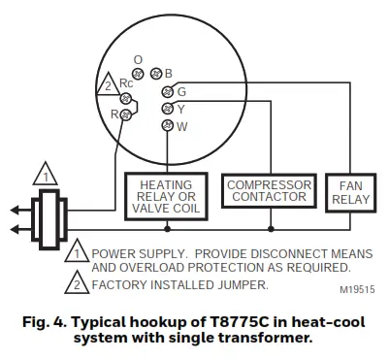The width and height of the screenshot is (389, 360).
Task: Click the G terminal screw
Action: [168, 91]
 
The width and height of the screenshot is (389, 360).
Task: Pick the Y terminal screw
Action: [168, 108]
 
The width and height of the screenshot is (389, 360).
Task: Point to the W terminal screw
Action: [168, 125]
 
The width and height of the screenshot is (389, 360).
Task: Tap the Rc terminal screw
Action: [125, 97]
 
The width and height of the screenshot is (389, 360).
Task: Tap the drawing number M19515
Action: [357, 288]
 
